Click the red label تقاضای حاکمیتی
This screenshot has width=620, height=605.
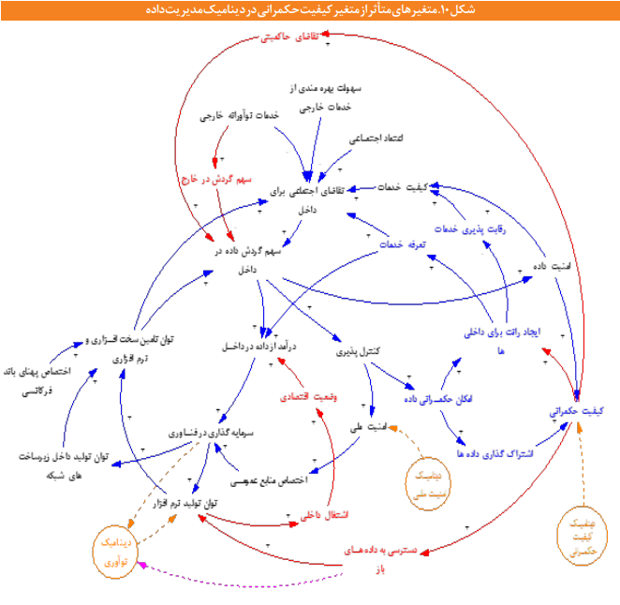click(x=288, y=38)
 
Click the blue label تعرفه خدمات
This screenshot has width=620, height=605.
click(x=396, y=245)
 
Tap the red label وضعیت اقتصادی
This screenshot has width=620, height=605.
click(x=314, y=395)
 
